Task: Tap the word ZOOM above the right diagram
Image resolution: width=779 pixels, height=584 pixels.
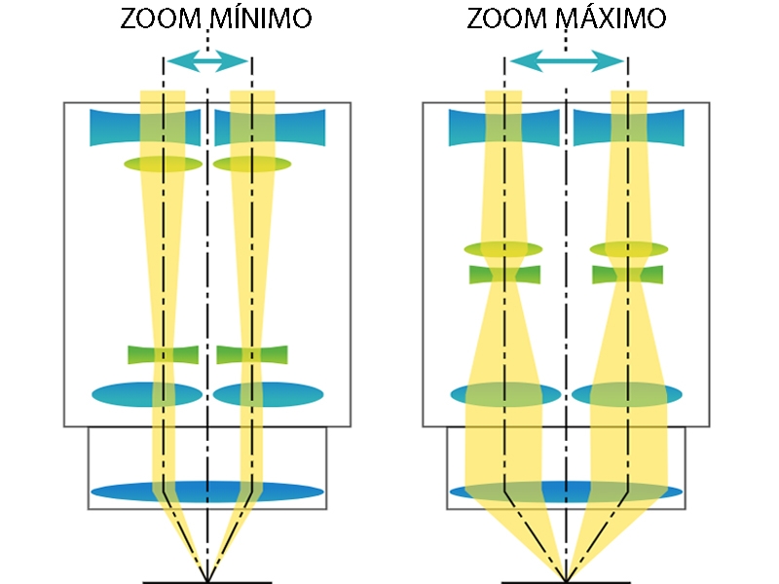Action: (x=502, y=19)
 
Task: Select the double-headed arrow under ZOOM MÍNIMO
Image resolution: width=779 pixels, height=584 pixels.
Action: (x=207, y=62)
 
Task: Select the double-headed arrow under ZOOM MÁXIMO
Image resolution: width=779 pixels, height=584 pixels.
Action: (x=567, y=62)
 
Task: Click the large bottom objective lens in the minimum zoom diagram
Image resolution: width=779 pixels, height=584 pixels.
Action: (x=207, y=491)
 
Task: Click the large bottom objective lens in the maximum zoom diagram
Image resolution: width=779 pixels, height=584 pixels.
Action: (x=567, y=491)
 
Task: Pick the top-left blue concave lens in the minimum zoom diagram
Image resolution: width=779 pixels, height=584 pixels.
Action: (x=145, y=128)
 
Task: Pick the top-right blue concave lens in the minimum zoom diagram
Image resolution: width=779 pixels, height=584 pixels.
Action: (x=271, y=128)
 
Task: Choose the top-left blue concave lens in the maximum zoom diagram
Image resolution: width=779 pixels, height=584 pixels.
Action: (x=503, y=128)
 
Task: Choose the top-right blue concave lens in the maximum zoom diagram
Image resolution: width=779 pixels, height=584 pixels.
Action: (x=629, y=128)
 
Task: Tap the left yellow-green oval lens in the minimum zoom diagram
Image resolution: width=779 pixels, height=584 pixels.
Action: (x=163, y=164)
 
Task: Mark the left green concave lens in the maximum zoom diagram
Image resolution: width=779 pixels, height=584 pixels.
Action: (x=505, y=274)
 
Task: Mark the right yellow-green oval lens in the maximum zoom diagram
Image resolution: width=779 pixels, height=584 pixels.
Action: (x=629, y=249)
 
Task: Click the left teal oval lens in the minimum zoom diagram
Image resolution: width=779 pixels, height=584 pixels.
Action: (x=147, y=394)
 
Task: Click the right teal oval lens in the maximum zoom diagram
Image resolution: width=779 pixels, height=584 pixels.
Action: (x=626, y=394)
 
